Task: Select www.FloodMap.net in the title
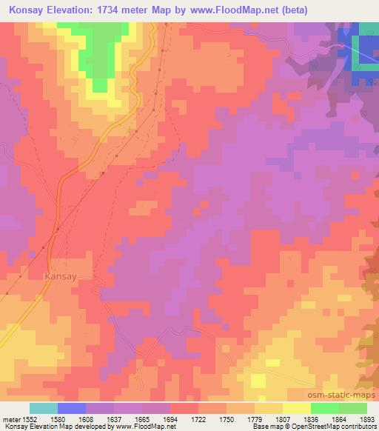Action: [227, 10]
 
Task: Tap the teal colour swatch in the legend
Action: [43, 408]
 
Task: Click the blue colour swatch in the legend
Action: [71, 408]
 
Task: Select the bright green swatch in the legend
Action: [324, 408]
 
